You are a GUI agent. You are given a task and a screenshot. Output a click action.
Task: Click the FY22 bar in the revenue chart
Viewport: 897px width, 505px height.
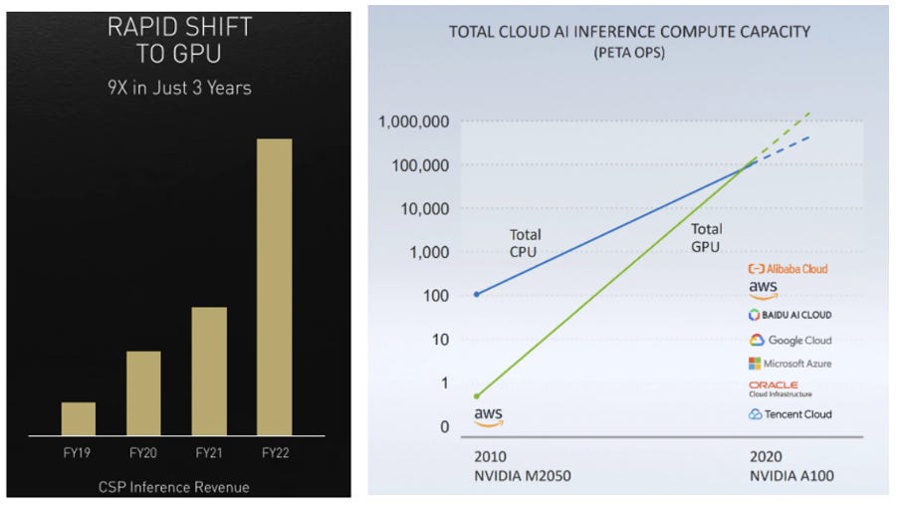click(275, 287)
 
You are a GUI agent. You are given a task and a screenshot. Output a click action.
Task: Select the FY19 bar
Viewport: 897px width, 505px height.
click(79, 418)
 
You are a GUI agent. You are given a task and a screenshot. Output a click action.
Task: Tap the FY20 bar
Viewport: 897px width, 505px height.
click(143, 392)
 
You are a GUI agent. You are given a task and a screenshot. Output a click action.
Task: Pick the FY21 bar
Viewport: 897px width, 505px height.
click(209, 371)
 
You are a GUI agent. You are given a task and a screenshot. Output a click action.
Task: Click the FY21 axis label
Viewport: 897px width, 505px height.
click(209, 453)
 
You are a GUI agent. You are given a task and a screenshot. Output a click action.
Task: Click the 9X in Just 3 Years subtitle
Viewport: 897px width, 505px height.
click(178, 89)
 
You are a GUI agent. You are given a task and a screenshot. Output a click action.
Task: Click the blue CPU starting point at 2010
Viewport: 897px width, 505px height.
click(477, 294)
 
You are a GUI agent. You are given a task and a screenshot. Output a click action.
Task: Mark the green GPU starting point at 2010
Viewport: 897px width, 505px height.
click(477, 396)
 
